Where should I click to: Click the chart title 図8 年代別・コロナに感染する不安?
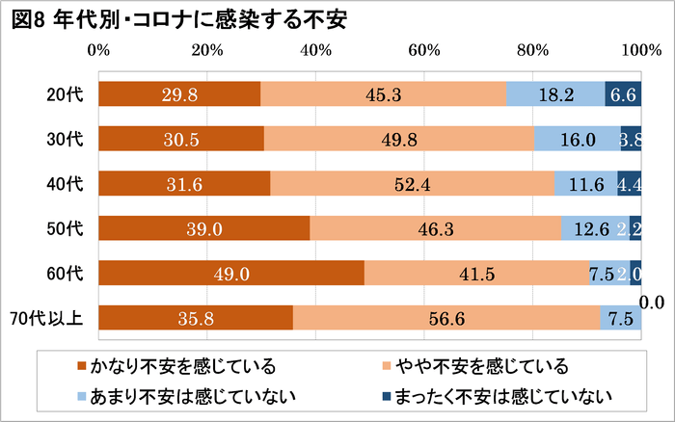[179, 19]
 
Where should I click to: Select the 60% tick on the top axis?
[424, 49]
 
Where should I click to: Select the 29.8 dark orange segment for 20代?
[180, 94]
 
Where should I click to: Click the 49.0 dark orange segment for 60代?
[231, 274]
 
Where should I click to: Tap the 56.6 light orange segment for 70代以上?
[446, 318]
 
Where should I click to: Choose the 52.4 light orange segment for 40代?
[413, 184]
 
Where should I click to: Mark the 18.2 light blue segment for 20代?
[555, 94]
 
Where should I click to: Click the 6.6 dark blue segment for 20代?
[623, 94]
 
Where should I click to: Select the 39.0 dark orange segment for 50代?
[204, 229]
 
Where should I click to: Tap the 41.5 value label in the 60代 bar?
[477, 274]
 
